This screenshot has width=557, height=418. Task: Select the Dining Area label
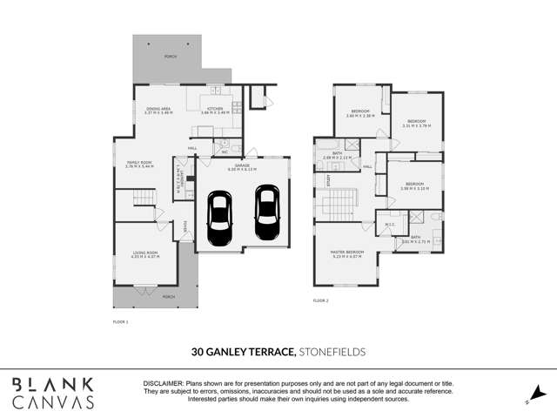pos(158,111)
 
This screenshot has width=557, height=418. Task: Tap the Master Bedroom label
pos(346,254)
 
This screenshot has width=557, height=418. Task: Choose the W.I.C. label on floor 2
pos(390,224)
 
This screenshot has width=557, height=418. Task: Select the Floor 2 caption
pos(321,300)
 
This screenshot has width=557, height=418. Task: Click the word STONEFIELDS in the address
pos(332,352)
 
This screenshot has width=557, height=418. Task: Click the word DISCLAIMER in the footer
pos(162,383)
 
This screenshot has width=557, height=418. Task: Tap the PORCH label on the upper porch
pos(170,55)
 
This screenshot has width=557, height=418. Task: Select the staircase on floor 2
pos(336,208)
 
